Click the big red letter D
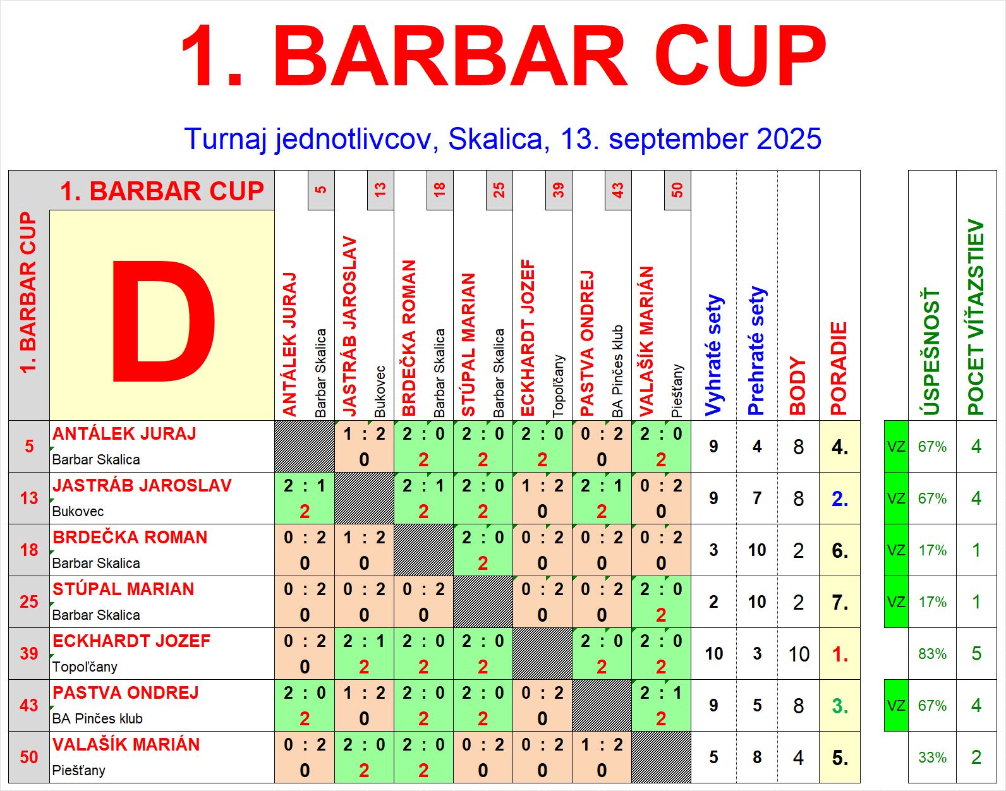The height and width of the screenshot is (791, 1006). tap(163, 321)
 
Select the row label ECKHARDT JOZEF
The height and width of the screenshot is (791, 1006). tap(131, 641)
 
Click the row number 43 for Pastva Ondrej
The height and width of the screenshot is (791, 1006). tap(29, 705)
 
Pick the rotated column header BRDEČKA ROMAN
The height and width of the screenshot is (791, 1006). tap(409, 338)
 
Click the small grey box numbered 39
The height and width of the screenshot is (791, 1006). tap(559, 190)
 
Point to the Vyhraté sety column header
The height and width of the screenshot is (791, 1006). tap(714, 355)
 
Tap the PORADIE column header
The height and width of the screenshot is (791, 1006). tap(839, 369)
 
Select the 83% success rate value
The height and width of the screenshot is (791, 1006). tap(932, 653)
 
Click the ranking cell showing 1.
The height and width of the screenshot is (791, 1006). tap(840, 654)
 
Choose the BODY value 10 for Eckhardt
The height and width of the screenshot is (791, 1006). tap(799, 654)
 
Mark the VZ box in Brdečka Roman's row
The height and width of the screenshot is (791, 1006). tap(896, 550)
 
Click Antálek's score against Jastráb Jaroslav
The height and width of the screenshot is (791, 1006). tap(364, 447)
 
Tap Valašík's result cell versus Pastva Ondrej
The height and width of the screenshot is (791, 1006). tap(602, 757)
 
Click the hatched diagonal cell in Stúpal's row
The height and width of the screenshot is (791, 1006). tap(483, 601)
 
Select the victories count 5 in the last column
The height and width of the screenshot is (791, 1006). tap(976, 653)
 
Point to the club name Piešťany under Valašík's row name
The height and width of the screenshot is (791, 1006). tap(78, 770)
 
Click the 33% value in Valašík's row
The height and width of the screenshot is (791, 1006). tap(932, 758)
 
